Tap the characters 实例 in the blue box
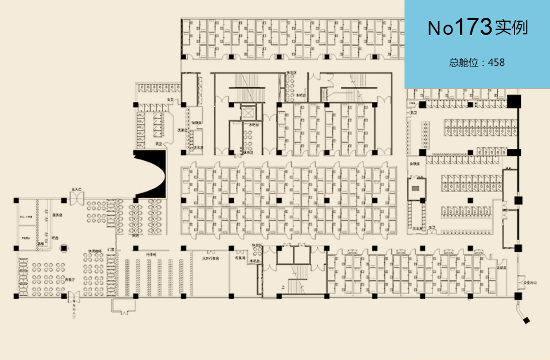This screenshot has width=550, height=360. (512, 28)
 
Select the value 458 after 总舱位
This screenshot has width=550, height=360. (496, 62)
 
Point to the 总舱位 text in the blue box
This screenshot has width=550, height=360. (463, 62)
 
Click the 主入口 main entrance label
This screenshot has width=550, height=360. (76, 189)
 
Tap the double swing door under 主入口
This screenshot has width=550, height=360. (76, 199)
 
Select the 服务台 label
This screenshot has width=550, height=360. (57, 215)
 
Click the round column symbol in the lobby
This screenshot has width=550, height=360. (64, 248)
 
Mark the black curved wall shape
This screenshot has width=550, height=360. (150, 174)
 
